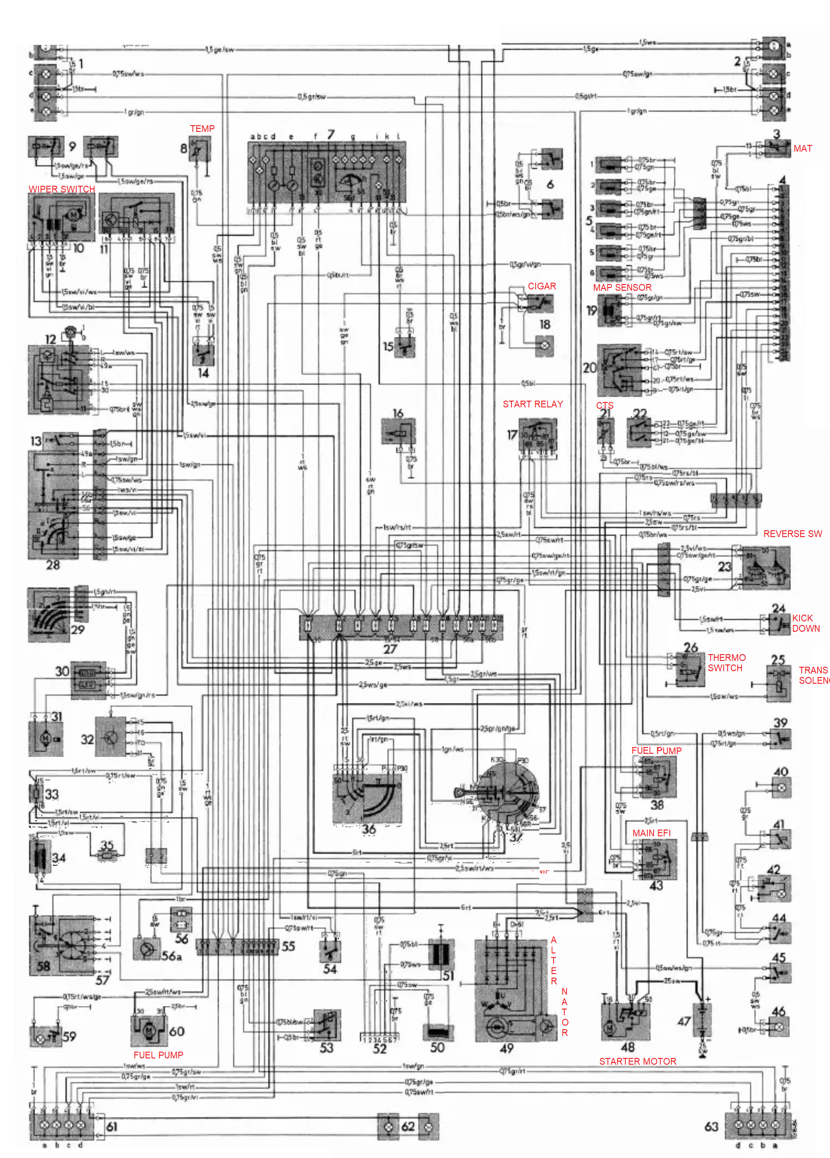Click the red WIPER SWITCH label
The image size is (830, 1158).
62,189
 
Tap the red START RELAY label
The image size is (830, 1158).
533,404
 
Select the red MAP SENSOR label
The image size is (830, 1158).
622,288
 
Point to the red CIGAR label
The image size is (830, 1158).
542,286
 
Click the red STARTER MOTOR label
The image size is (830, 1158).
637,1061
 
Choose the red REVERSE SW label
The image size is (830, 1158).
792,533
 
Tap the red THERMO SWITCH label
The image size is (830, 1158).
726,663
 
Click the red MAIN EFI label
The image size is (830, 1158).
651,833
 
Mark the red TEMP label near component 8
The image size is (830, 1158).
202,129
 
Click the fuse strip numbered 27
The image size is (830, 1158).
401,628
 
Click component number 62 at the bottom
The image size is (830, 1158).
408,1126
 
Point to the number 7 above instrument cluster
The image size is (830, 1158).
331,134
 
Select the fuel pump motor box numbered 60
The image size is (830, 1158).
149,1030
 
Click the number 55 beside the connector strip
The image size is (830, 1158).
288,946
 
